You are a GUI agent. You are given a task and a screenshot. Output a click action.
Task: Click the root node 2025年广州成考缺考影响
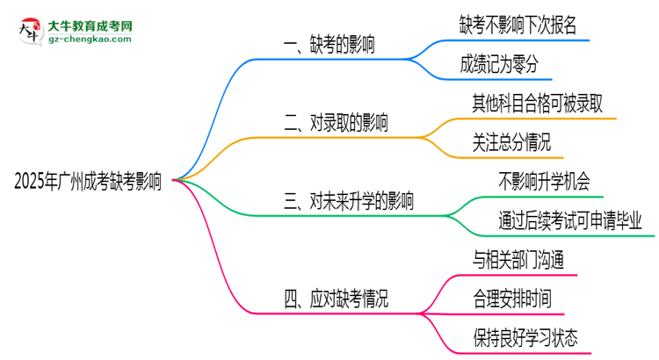click(x=87, y=182)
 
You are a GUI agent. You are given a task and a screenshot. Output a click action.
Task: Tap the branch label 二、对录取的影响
click(x=337, y=123)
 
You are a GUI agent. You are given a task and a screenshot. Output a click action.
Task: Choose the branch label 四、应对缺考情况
click(x=337, y=299)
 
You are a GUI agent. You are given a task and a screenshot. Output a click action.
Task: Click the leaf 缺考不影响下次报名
click(x=518, y=25)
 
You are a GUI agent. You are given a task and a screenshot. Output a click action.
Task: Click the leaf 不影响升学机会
click(x=544, y=181)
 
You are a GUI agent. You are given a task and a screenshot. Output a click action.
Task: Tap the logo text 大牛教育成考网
click(x=89, y=26)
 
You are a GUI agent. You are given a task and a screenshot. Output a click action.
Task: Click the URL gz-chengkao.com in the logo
click(x=89, y=40)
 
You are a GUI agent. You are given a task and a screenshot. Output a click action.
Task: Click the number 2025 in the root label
click(x=32, y=182)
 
